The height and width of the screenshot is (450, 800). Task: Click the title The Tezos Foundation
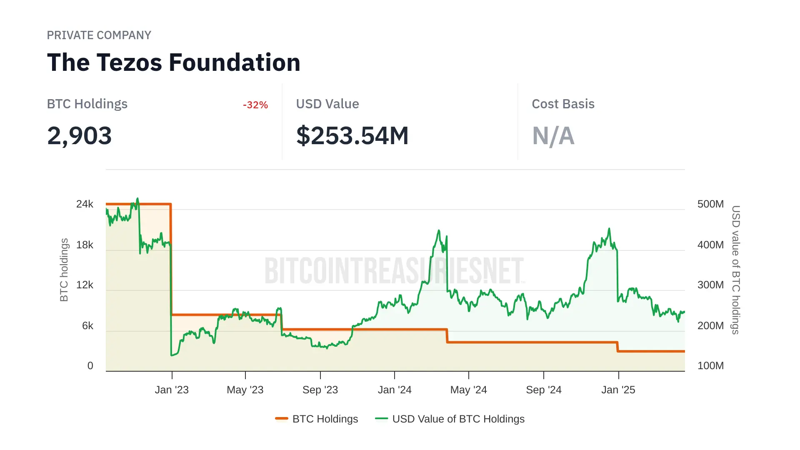[x=173, y=62]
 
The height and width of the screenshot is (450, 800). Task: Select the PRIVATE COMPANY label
[x=99, y=35]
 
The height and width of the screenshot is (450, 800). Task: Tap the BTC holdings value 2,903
[x=79, y=136]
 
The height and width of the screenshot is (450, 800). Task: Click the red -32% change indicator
[x=255, y=105]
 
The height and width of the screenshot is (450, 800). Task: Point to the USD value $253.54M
[x=352, y=136]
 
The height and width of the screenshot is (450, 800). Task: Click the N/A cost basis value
[x=553, y=136]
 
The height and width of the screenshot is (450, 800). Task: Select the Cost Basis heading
[x=563, y=104]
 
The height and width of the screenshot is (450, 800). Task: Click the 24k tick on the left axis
[x=85, y=204]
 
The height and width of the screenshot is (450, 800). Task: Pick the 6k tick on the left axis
[x=87, y=326]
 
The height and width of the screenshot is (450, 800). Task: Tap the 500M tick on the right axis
[x=710, y=204]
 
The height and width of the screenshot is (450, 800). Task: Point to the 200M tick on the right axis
[x=710, y=326]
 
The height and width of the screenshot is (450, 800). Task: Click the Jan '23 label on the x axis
[x=172, y=390]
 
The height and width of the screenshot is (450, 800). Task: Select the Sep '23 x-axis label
[x=320, y=390]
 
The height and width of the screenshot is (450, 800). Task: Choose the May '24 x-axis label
[x=468, y=390]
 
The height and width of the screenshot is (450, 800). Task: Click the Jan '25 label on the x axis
[x=618, y=390]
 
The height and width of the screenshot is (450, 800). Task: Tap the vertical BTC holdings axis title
[x=64, y=270]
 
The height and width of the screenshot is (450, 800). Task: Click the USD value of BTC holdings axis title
[x=736, y=270]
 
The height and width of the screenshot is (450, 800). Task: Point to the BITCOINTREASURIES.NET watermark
[x=394, y=271]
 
